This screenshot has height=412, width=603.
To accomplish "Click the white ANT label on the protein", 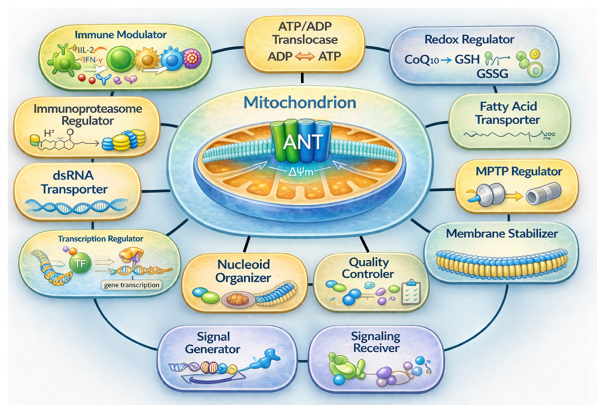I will click(x=303, y=142).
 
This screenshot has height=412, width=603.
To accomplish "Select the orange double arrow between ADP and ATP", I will click(x=305, y=57).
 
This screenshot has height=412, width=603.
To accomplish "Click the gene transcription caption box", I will click(x=132, y=285).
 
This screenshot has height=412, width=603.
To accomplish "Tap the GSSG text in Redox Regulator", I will click(x=492, y=74).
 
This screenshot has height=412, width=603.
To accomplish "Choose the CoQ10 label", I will click(x=421, y=60).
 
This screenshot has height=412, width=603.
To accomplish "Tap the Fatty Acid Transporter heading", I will click(x=508, y=113).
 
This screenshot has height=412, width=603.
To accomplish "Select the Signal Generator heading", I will click(x=213, y=343).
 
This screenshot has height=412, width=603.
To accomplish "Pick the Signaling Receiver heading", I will click(x=376, y=342).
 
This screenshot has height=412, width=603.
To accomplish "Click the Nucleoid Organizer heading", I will click(x=243, y=271).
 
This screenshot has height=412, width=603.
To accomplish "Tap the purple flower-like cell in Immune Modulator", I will click(x=192, y=59).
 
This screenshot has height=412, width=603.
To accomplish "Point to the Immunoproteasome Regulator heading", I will click(x=88, y=115).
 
